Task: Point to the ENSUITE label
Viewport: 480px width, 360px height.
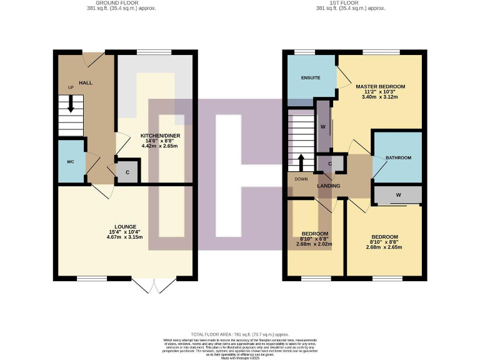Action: coord(311,78)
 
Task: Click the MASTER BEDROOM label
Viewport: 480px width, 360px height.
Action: coord(381,86)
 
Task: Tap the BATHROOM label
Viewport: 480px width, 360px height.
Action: coord(398,158)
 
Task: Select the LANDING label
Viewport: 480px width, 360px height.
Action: coord(328,186)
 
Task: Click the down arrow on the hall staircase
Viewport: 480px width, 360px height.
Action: coord(71,104)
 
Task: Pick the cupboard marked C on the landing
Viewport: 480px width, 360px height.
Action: coord(330,164)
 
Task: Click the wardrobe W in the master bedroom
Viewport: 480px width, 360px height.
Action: coord(322,126)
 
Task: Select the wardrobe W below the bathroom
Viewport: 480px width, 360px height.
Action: coord(397,196)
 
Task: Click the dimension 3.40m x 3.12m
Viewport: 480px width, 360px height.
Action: coord(381,97)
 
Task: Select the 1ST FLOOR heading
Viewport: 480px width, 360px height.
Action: coord(359,3)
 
